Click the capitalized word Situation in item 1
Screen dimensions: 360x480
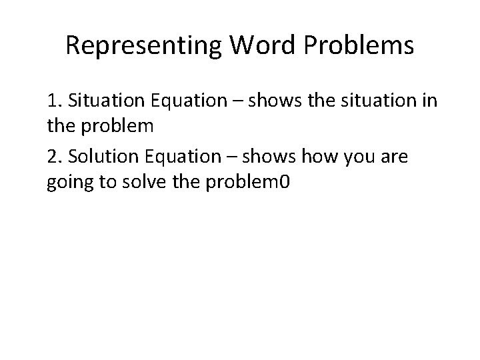tap(101, 103)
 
